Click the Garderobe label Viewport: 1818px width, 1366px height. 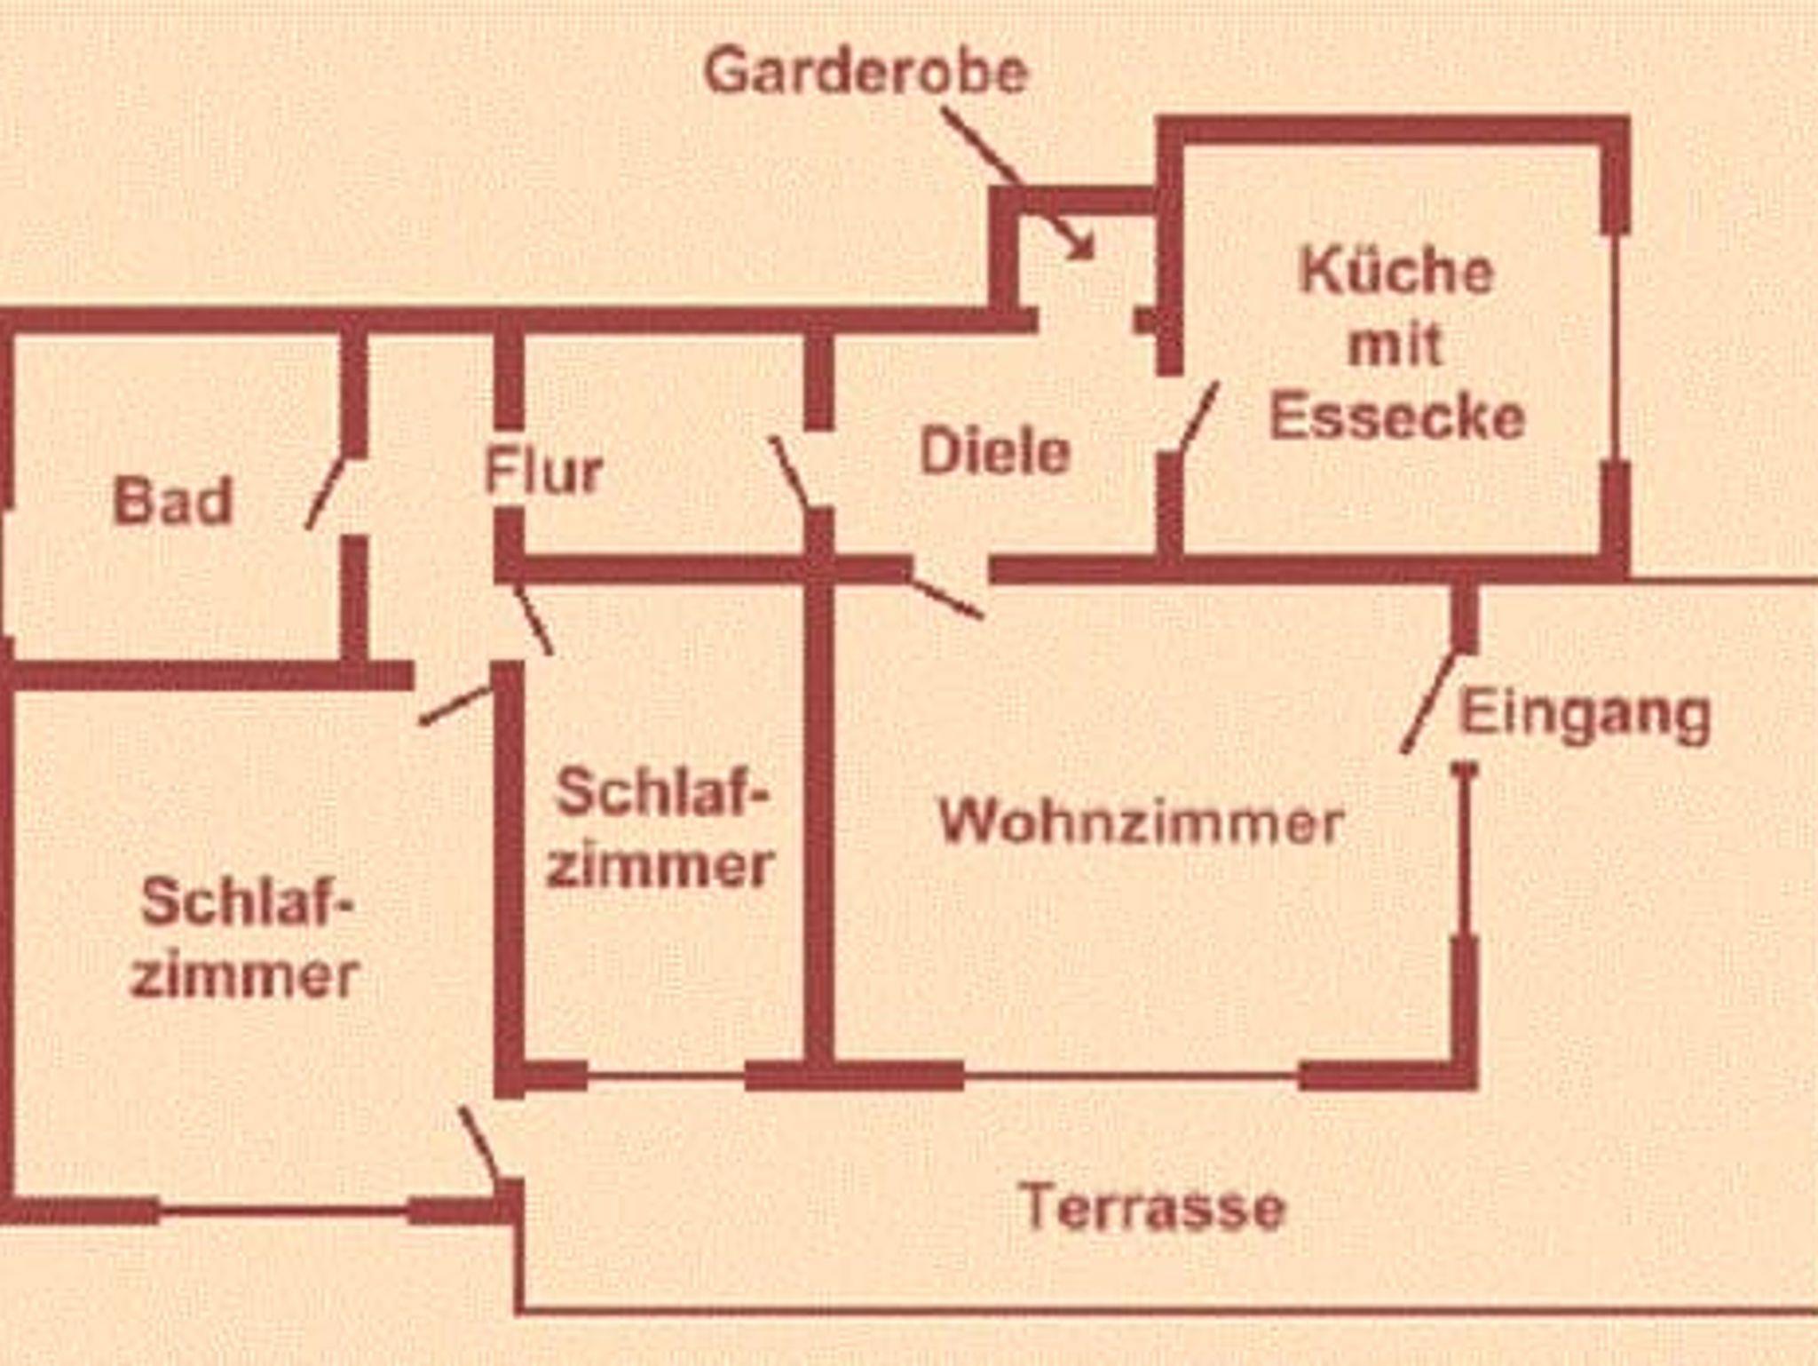point(866,71)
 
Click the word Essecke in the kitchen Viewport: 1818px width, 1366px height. point(1396,416)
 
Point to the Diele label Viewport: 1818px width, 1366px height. point(995,452)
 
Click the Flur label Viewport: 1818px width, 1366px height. point(543,471)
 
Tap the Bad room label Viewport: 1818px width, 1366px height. point(173,501)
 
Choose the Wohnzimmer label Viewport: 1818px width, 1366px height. point(1141,822)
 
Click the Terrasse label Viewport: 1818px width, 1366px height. point(1152,1207)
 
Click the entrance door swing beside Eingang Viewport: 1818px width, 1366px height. point(1430,703)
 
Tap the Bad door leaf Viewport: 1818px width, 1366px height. point(325,493)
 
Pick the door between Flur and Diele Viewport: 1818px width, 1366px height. point(789,472)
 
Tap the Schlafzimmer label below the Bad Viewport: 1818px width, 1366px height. point(246,939)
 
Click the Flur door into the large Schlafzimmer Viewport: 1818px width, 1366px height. point(454,706)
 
